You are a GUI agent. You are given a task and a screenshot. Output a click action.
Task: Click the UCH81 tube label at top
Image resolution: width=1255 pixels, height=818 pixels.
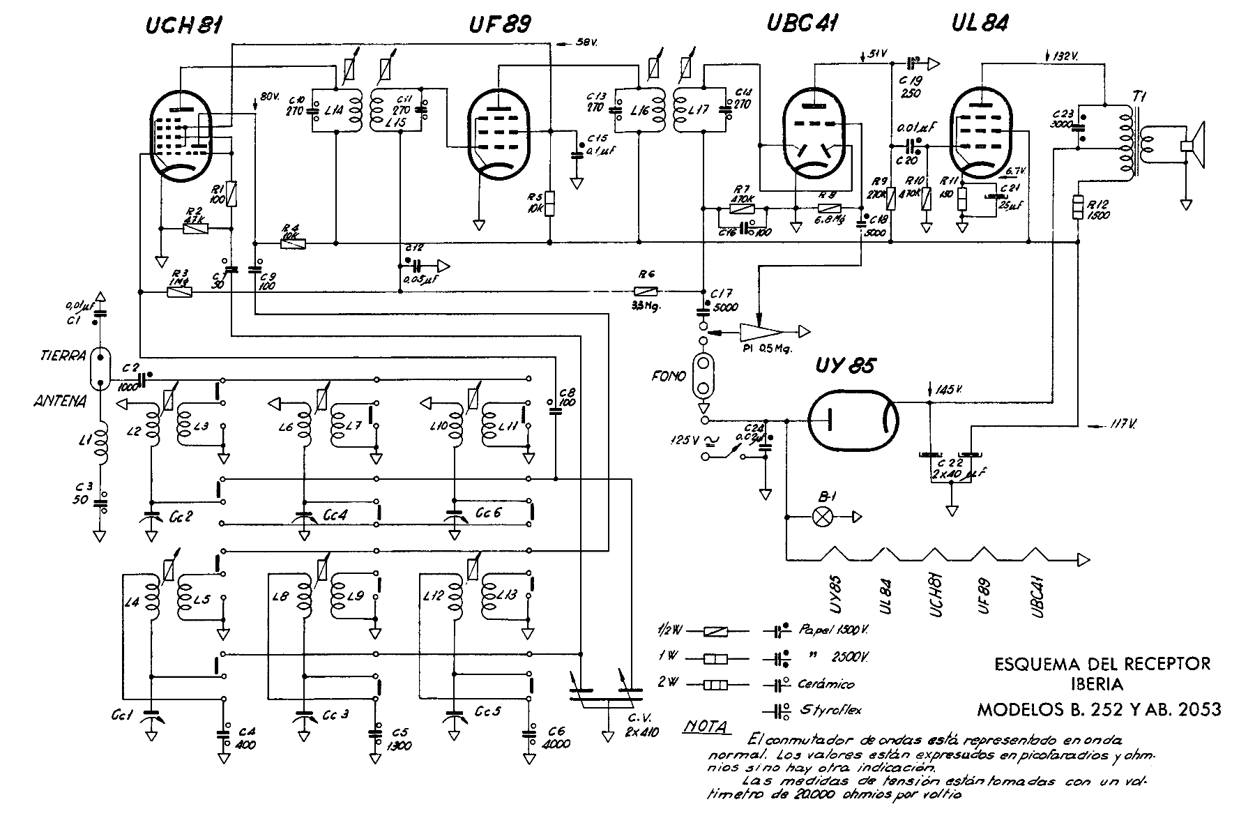pos(184,26)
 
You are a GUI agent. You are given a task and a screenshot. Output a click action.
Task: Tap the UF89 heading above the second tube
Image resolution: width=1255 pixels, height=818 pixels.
pos(499,25)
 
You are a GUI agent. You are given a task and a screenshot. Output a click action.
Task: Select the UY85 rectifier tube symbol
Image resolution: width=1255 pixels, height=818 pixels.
pos(853,421)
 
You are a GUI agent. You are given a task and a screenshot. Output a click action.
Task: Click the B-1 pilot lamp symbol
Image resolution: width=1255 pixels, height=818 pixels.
pos(823,517)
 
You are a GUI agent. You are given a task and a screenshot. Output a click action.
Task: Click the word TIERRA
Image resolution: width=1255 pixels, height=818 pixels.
pos(63,356)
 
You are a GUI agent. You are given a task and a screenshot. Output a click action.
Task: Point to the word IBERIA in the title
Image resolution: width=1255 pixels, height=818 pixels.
pos(1102,685)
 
